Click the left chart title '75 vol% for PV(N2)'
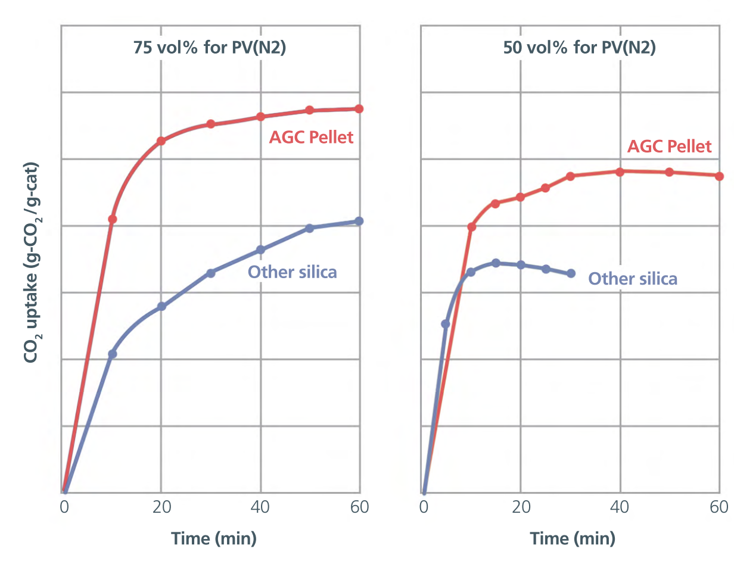pos(210,48)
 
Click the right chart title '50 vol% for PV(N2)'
pos(580,48)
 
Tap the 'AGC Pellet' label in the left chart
pos(311,138)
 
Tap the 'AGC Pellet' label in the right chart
pos(669,147)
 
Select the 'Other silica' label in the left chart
pos(292,272)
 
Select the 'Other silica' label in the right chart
pos(633,279)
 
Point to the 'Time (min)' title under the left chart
pos(214,538)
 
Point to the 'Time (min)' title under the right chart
pos(573,538)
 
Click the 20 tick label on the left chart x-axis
pos(161,507)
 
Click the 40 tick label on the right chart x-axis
pos(620,507)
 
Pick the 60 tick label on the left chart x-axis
pos(359,507)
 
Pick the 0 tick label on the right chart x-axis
pos(424,507)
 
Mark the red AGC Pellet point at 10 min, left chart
pos(113,219)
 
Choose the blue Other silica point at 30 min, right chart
pos(571,273)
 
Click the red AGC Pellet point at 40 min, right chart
pos(620,172)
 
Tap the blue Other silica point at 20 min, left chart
pos(161,306)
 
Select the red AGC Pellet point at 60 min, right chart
pos(719,176)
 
